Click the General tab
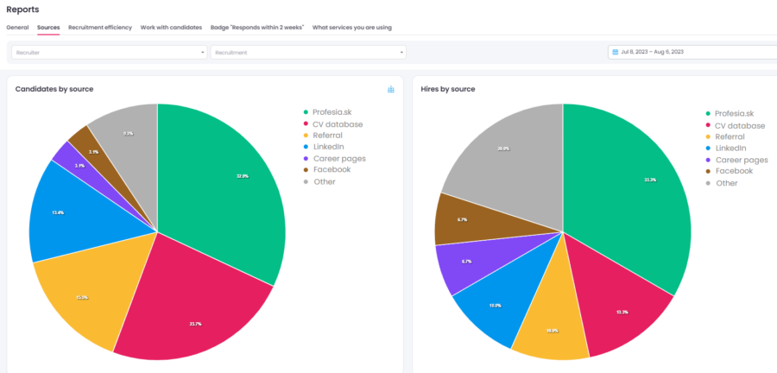[x=17, y=27]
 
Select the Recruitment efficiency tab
[x=100, y=27]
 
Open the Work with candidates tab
[x=171, y=27]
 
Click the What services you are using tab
[x=351, y=27]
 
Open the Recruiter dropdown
[x=108, y=52]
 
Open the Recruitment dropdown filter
[x=307, y=52]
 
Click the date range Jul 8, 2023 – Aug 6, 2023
[x=652, y=52]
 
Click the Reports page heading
[x=22, y=9]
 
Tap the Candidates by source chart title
[x=54, y=89]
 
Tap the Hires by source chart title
[x=447, y=89]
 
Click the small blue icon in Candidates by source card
[x=391, y=89]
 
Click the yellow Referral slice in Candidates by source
[x=86, y=298]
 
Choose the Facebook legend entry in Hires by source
[x=732, y=171]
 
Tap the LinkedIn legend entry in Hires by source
[x=731, y=149]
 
